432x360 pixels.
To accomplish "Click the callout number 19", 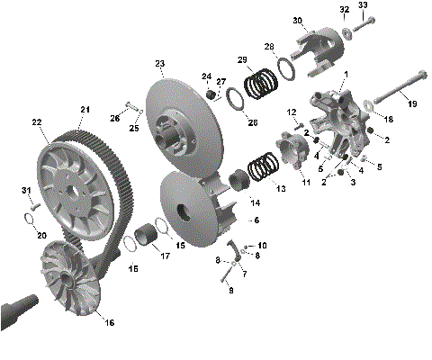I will [413, 105].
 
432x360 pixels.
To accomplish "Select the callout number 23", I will [159, 64].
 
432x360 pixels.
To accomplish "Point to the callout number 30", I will [297, 21].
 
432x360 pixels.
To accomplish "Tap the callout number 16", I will [111, 322].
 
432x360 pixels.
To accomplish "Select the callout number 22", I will [37, 122].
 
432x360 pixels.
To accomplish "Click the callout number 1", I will [346, 74].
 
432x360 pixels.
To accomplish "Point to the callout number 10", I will [262, 245].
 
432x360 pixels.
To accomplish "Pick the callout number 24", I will [206, 76].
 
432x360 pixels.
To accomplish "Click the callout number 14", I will [255, 202].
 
